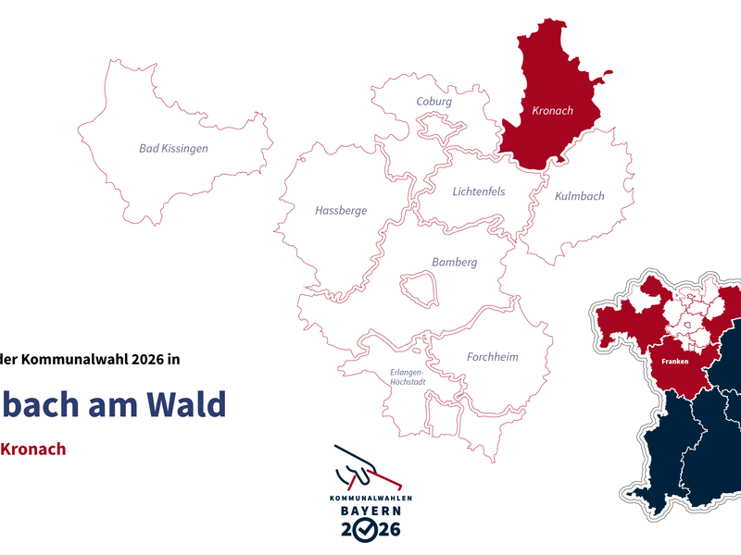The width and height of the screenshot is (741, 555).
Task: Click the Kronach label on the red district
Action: (x=553, y=111)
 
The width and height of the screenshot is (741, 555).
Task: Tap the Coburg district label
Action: (x=434, y=102)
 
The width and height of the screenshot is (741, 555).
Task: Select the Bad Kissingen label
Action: (x=173, y=148)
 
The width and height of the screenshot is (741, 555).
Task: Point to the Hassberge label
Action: (x=341, y=211)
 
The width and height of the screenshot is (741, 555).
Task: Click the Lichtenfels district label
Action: (x=479, y=192)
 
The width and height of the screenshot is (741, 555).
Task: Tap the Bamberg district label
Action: (x=455, y=263)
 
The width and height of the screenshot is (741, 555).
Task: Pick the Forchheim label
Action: (x=493, y=357)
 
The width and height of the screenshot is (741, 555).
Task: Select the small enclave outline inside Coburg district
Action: (x=434, y=125)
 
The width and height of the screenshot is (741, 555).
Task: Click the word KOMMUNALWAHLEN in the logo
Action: (x=370, y=498)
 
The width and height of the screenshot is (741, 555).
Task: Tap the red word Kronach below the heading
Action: (x=33, y=450)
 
